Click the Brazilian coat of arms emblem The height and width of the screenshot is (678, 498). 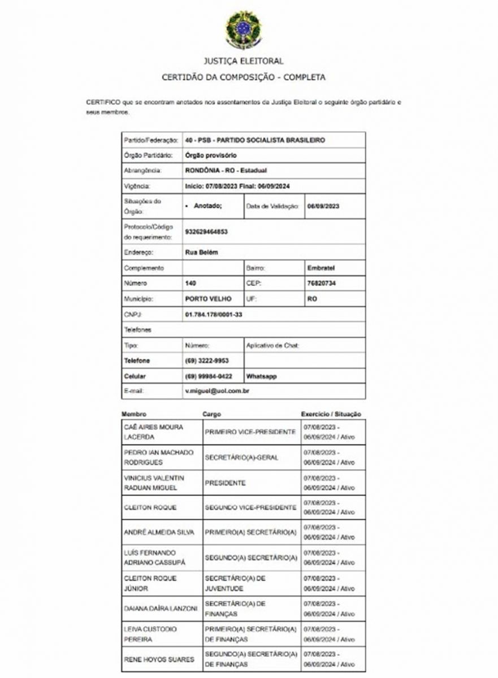click(243, 29)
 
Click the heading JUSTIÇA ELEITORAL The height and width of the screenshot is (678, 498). click(244, 61)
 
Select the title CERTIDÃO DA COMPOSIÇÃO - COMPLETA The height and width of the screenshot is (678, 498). click(244, 77)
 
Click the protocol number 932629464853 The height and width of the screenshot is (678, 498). click(206, 232)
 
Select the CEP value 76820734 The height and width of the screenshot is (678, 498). click(321, 283)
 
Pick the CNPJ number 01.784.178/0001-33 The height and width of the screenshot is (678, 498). click(213, 314)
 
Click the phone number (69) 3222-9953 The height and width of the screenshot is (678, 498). click(206, 360)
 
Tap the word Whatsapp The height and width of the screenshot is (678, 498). click(261, 376)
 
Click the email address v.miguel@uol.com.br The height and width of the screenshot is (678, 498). click(218, 391)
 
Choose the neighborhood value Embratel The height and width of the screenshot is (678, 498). click(321, 268)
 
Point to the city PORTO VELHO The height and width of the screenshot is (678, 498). click(208, 299)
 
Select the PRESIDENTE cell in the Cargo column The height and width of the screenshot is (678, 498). click(225, 483)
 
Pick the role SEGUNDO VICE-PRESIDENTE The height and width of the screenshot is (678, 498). click(250, 507)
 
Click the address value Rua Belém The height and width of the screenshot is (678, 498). click(201, 253)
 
